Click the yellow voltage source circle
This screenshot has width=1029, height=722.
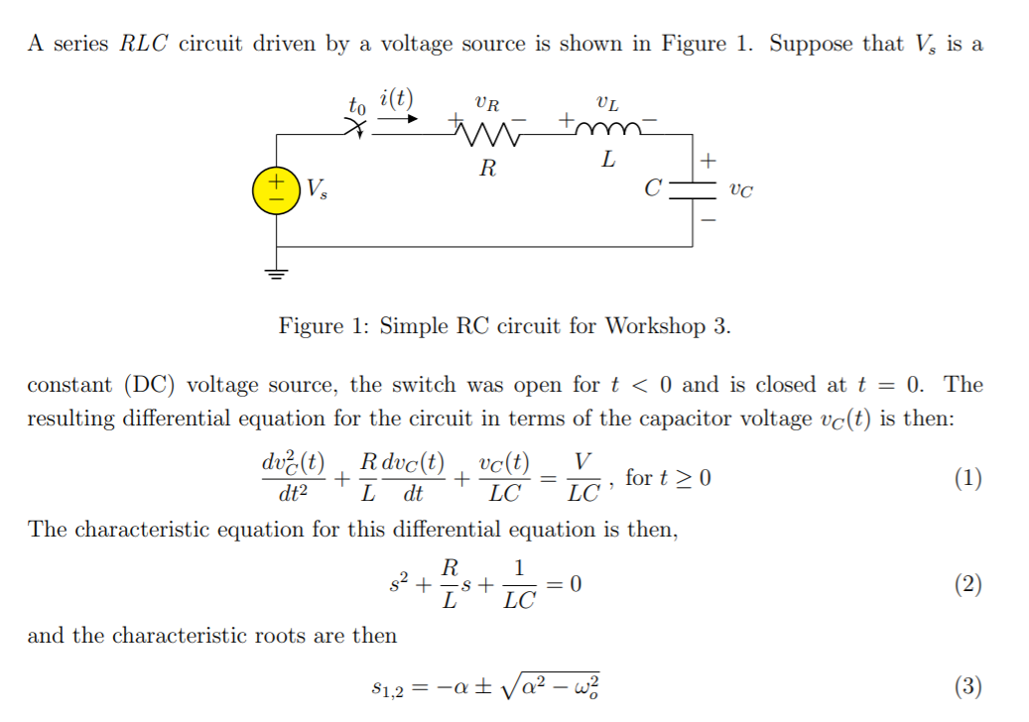tap(275, 190)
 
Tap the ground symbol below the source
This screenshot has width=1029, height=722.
tap(276, 272)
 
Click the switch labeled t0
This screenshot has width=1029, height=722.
tap(358, 126)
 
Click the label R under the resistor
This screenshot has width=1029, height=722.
tap(487, 169)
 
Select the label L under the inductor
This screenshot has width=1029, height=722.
tap(608, 159)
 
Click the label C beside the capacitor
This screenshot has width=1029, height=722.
tap(652, 187)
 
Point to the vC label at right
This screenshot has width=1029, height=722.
tap(740, 190)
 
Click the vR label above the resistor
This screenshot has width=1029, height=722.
tap(487, 101)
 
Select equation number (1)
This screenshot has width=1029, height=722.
tap(967, 479)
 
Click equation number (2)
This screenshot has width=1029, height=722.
tap(967, 584)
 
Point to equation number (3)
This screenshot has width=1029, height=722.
tap(967, 685)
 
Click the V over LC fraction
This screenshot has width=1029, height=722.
tap(586, 478)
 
